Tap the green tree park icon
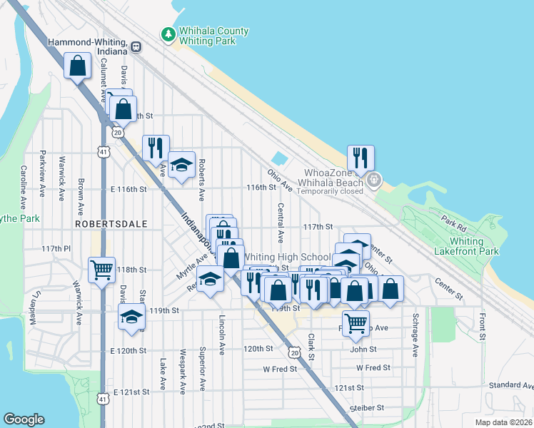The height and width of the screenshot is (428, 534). pyautogui.click(x=168, y=34)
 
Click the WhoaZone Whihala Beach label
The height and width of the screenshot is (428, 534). pyautogui.click(x=335, y=178)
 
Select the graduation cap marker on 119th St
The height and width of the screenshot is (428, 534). pyautogui.click(x=131, y=317)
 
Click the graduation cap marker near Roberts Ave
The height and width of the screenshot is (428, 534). pyautogui.click(x=182, y=165)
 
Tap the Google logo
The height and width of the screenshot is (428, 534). pyautogui.click(x=24, y=419)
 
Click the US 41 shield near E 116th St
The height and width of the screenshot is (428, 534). pyautogui.click(x=104, y=152)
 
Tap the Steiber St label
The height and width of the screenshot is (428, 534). pyautogui.click(x=367, y=408)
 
